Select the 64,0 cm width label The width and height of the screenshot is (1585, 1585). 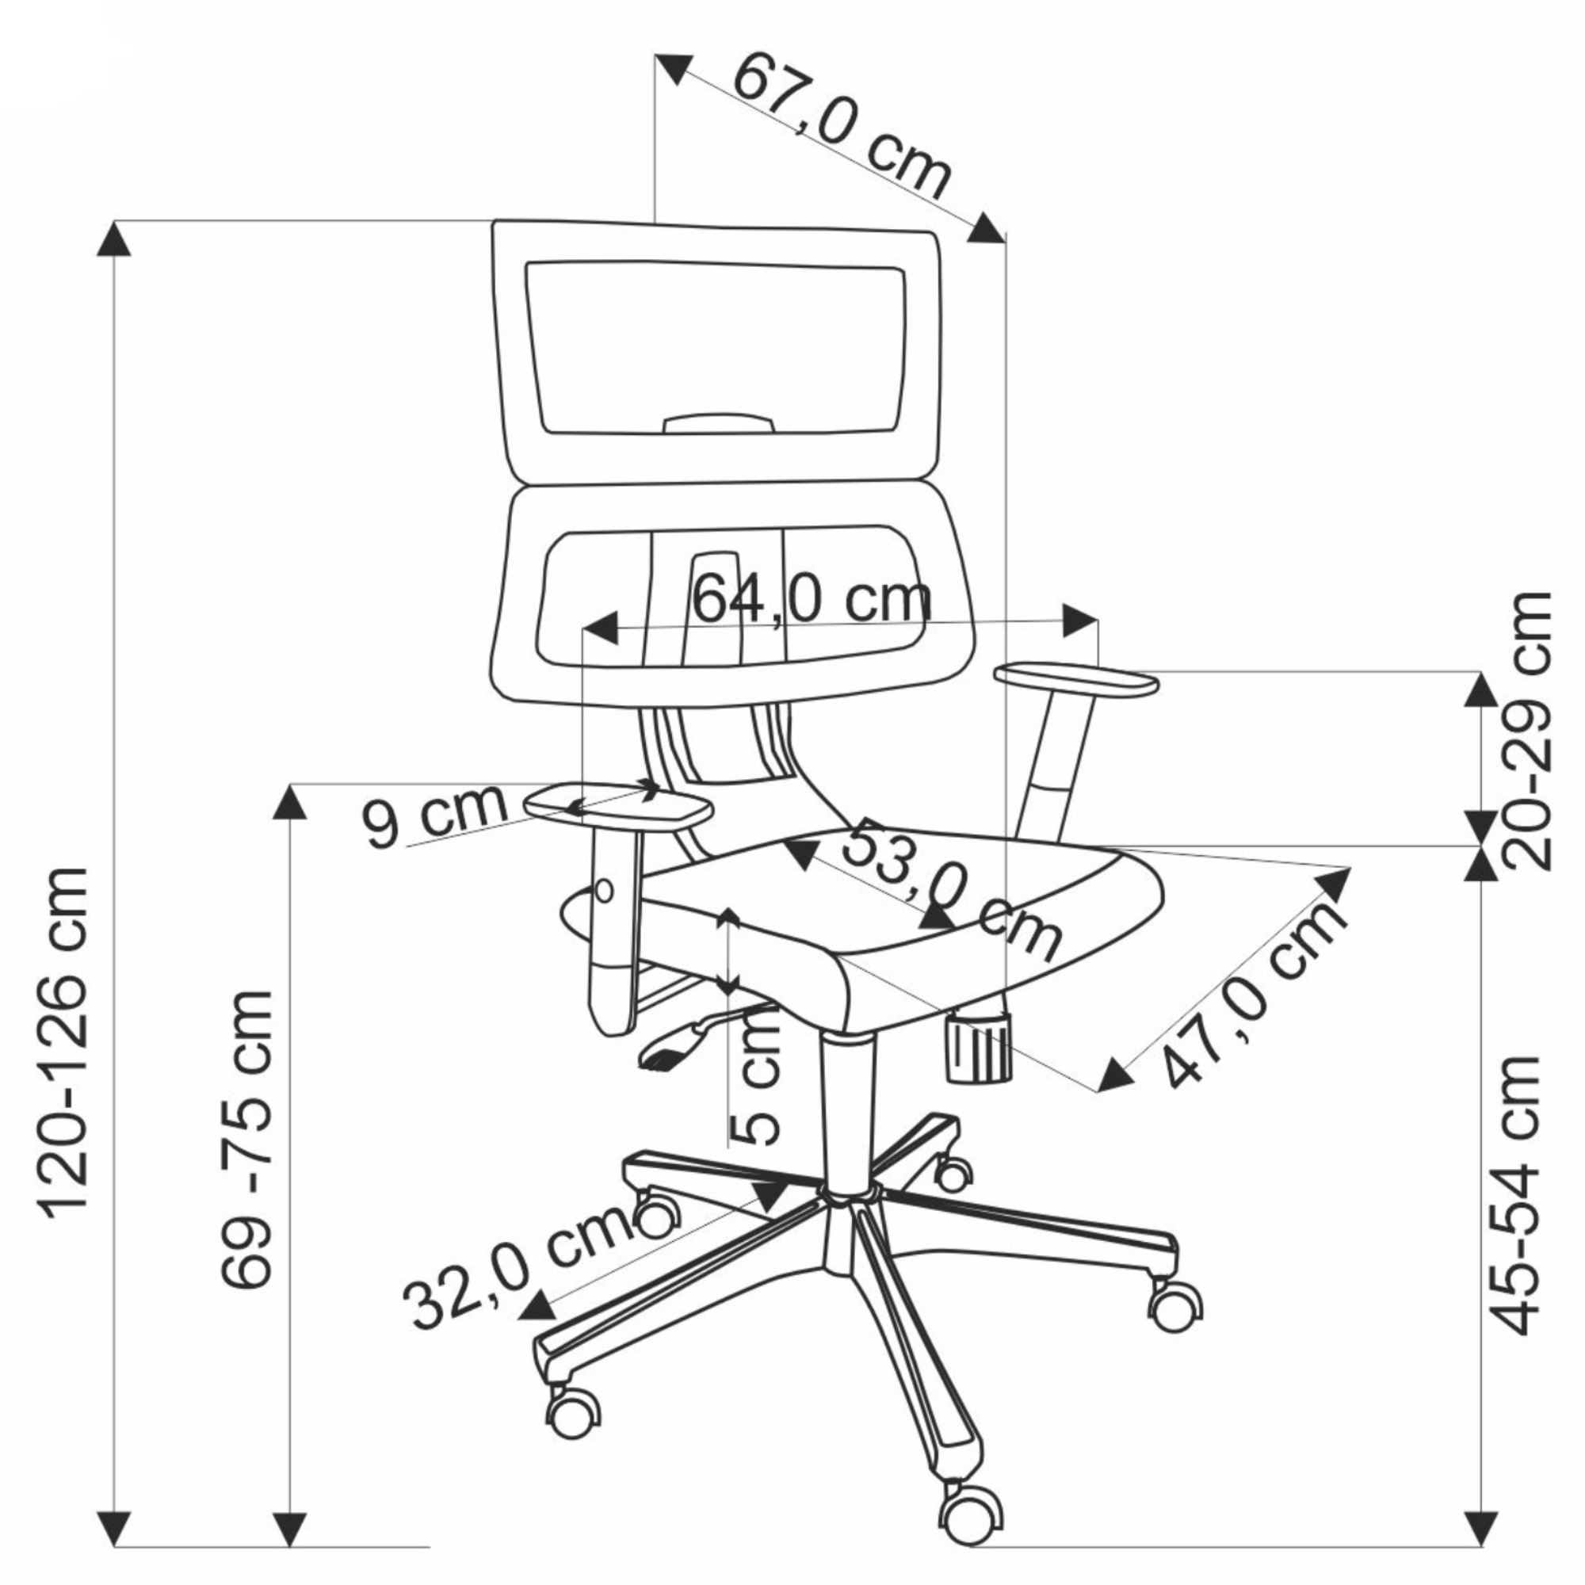click(812, 600)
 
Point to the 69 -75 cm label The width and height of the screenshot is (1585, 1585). click(246, 1141)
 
